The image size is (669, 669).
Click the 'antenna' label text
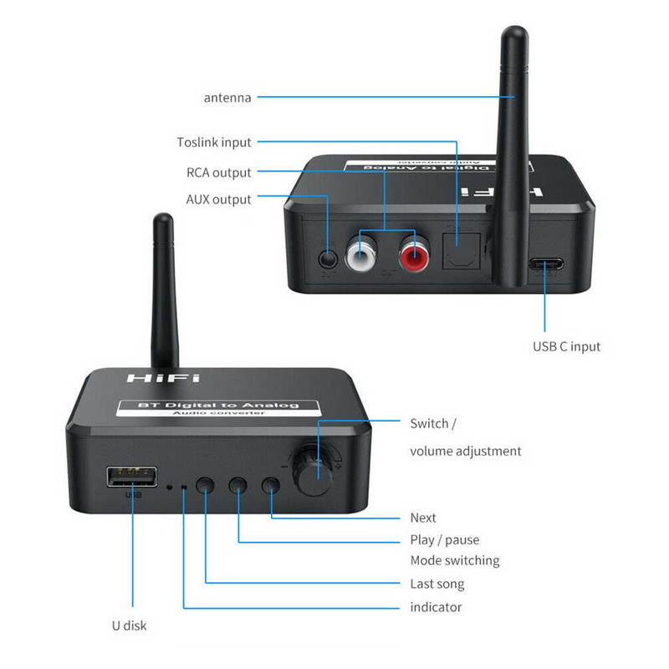[227, 98]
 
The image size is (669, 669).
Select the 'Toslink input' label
[214, 142]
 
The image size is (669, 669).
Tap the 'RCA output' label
[218, 173]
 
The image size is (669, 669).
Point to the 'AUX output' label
[218, 200]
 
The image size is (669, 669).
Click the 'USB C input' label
[566, 346]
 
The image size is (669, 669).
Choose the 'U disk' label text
[130, 625]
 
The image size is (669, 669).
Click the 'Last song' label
[437, 584]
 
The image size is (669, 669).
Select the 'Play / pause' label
[444, 539]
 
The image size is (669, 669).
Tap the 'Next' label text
[423, 518]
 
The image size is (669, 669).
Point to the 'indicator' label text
[436, 606]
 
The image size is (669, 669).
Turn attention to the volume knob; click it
[319, 477]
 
